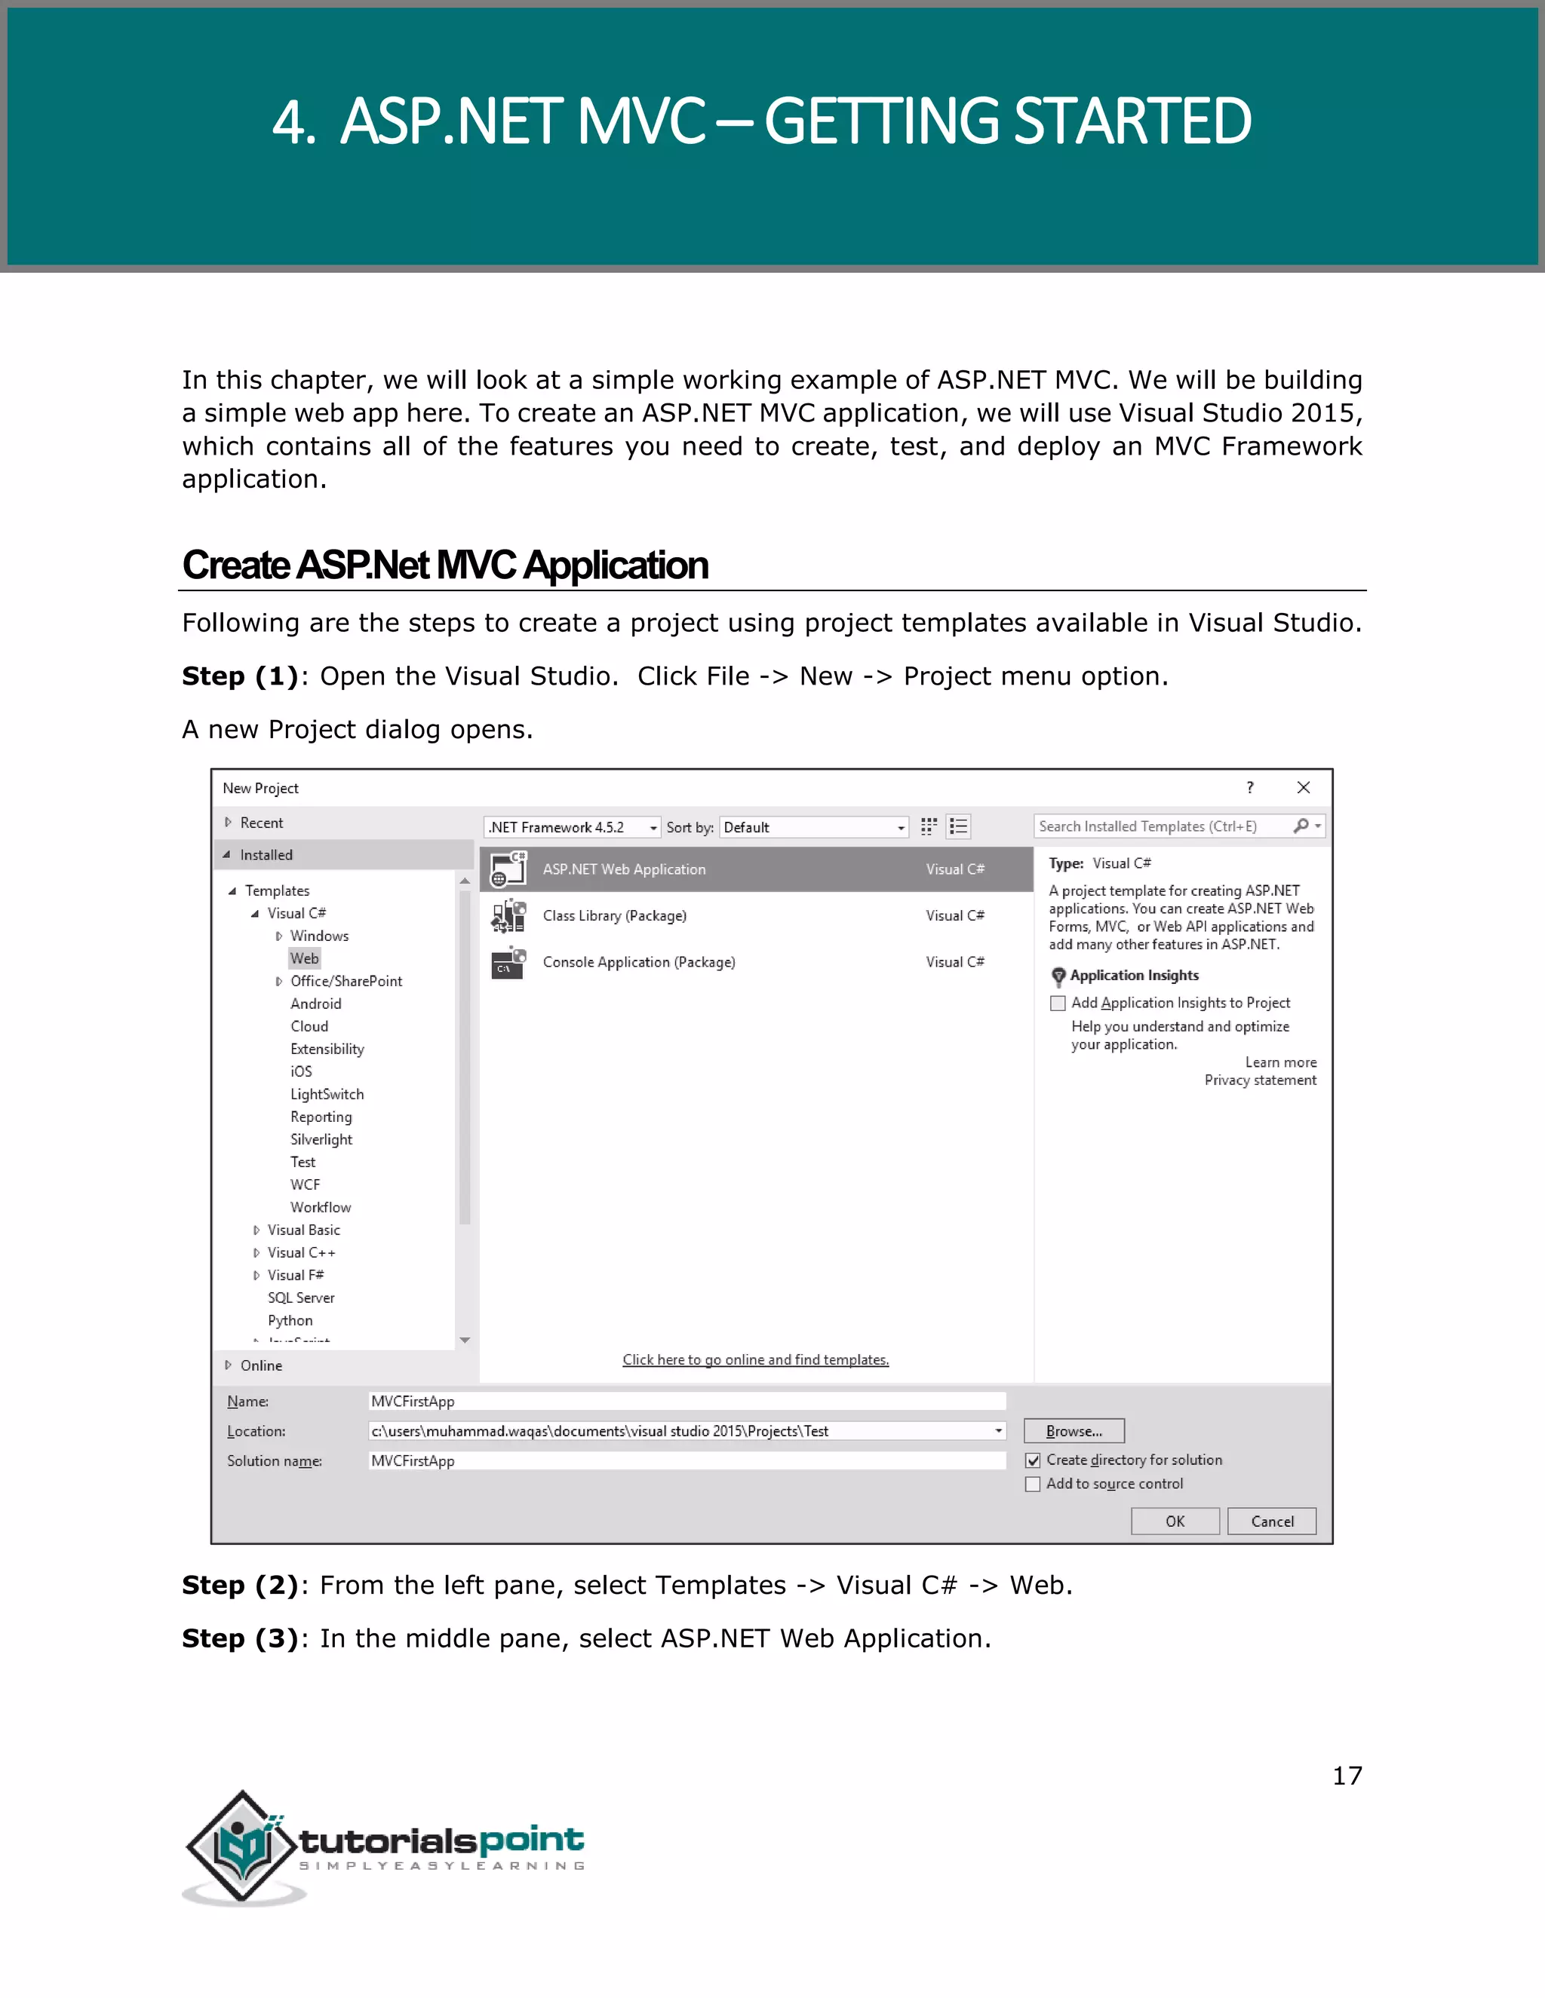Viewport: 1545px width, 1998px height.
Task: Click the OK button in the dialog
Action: pos(1175,1521)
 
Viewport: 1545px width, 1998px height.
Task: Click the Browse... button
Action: pos(1074,1431)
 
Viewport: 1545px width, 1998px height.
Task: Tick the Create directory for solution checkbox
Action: pos(1034,1460)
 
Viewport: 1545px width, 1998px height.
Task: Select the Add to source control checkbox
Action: pos(1034,1484)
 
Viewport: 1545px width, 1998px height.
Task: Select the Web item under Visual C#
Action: pos(304,958)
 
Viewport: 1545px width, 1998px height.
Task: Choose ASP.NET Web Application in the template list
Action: pos(624,869)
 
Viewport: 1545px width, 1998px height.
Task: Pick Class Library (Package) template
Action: pos(614,916)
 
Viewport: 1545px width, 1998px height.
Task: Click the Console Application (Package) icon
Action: pos(508,962)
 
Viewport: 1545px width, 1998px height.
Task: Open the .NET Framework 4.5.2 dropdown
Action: pos(571,827)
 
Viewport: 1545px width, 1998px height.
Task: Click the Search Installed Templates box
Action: pos(1163,826)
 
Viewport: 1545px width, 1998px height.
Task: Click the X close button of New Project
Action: pos(1304,788)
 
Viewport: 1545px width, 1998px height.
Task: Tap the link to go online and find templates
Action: pos(755,1359)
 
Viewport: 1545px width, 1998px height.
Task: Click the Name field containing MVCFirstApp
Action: pos(686,1402)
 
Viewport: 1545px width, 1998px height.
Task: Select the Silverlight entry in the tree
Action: pos(321,1139)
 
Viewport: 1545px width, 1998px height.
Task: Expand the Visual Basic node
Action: pos(256,1230)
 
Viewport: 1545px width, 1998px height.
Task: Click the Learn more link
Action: pos(1279,1062)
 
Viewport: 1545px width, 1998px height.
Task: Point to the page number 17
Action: pos(1347,1776)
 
